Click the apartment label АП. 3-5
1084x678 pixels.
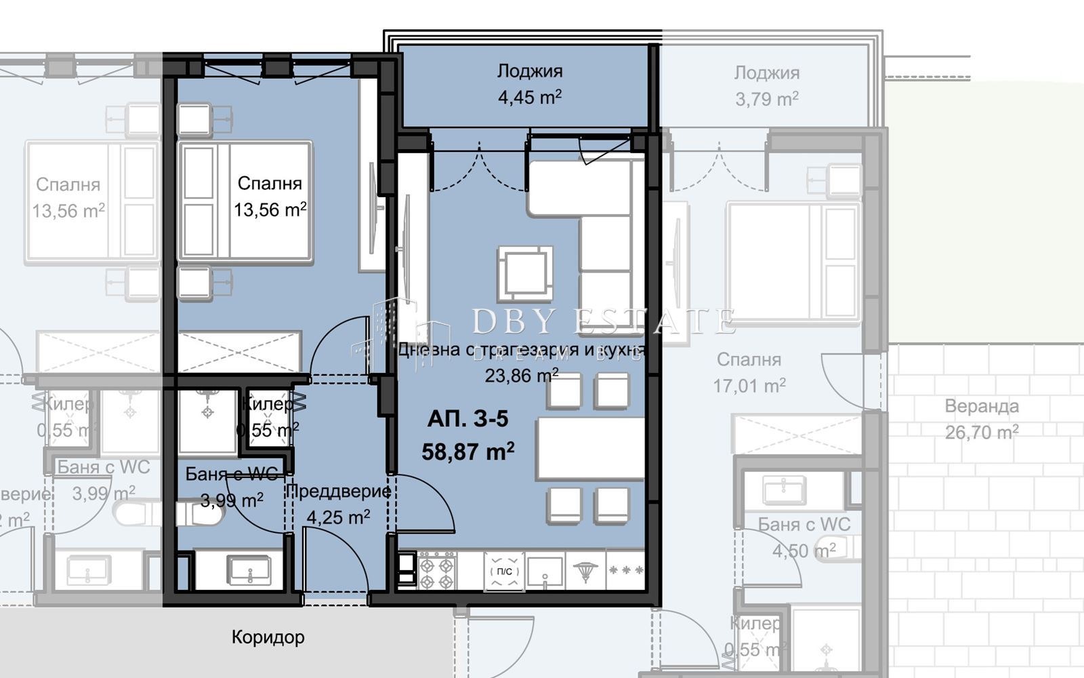coord(467,419)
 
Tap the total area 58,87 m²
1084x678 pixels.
coord(467,451)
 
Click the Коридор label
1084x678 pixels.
coord(268,637)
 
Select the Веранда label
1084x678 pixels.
coord(982,407)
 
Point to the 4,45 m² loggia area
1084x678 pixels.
coord(530,98)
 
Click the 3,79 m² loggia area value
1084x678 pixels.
coord(767,100)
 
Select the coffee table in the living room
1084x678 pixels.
coord(525,273)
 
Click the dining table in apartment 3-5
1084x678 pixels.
coord(589,448)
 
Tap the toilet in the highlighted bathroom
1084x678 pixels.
coord(201,513)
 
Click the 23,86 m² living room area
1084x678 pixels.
coord(522,375)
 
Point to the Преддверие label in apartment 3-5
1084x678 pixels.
coord(338,491)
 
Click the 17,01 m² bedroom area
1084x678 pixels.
coord(749,386)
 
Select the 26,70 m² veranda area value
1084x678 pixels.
coord(982,432)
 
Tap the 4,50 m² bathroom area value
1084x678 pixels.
coord(804,551)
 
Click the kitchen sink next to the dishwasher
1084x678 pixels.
coord(545,571)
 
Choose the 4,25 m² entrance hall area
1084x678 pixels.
coord(338,518)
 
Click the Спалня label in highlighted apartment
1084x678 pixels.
coord(270,184)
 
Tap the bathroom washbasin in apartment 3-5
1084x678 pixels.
coord(249,570)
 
